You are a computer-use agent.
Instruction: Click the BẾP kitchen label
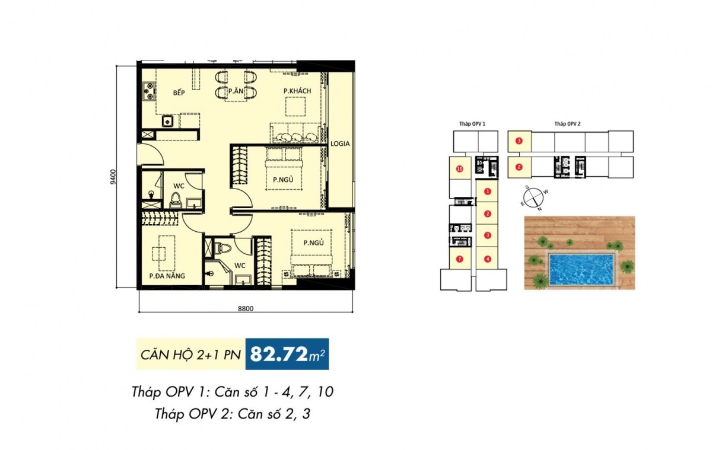pyautogui.click(x=179, y=92)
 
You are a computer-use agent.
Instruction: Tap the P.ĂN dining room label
pyautogui.click(x=236, y=91)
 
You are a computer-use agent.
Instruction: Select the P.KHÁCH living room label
pyautogui.click(x=297, y=91)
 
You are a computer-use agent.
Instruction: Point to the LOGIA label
pyautogui.click(x=340, y=143)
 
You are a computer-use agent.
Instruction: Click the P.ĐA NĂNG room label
pyautogui.click(x=167, y=276)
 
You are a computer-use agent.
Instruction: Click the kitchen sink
pyautogui.click(x=167, y=121)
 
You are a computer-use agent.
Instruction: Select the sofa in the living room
pyautogui.click(x=295, y=133)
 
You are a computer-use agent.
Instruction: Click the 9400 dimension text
pyautogui.click(x=114, y=177)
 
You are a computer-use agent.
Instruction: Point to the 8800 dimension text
pyautogui.click(x=246, y=309)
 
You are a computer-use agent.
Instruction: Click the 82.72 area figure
pyautogui.click(x=279, y=355)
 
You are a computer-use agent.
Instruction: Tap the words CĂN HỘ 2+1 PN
pyautogui.click(x=190, y=355)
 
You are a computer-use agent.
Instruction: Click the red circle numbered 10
pyautogui.click(x=460, y=169)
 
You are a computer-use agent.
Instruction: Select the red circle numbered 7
pyautogui.click(x=459, y=259)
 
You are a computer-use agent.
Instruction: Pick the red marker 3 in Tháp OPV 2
pyautogui.click(x=519, y=141)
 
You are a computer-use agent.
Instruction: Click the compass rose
pyautogui.click(x=534, y=198)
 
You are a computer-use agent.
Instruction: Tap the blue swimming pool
pyautogui.click(x=581, y=270)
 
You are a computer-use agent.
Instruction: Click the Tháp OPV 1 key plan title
pyautogui.click(x=472, y=124)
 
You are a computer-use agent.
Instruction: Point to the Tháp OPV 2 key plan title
pyautogui.click(x=567, y=124)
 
